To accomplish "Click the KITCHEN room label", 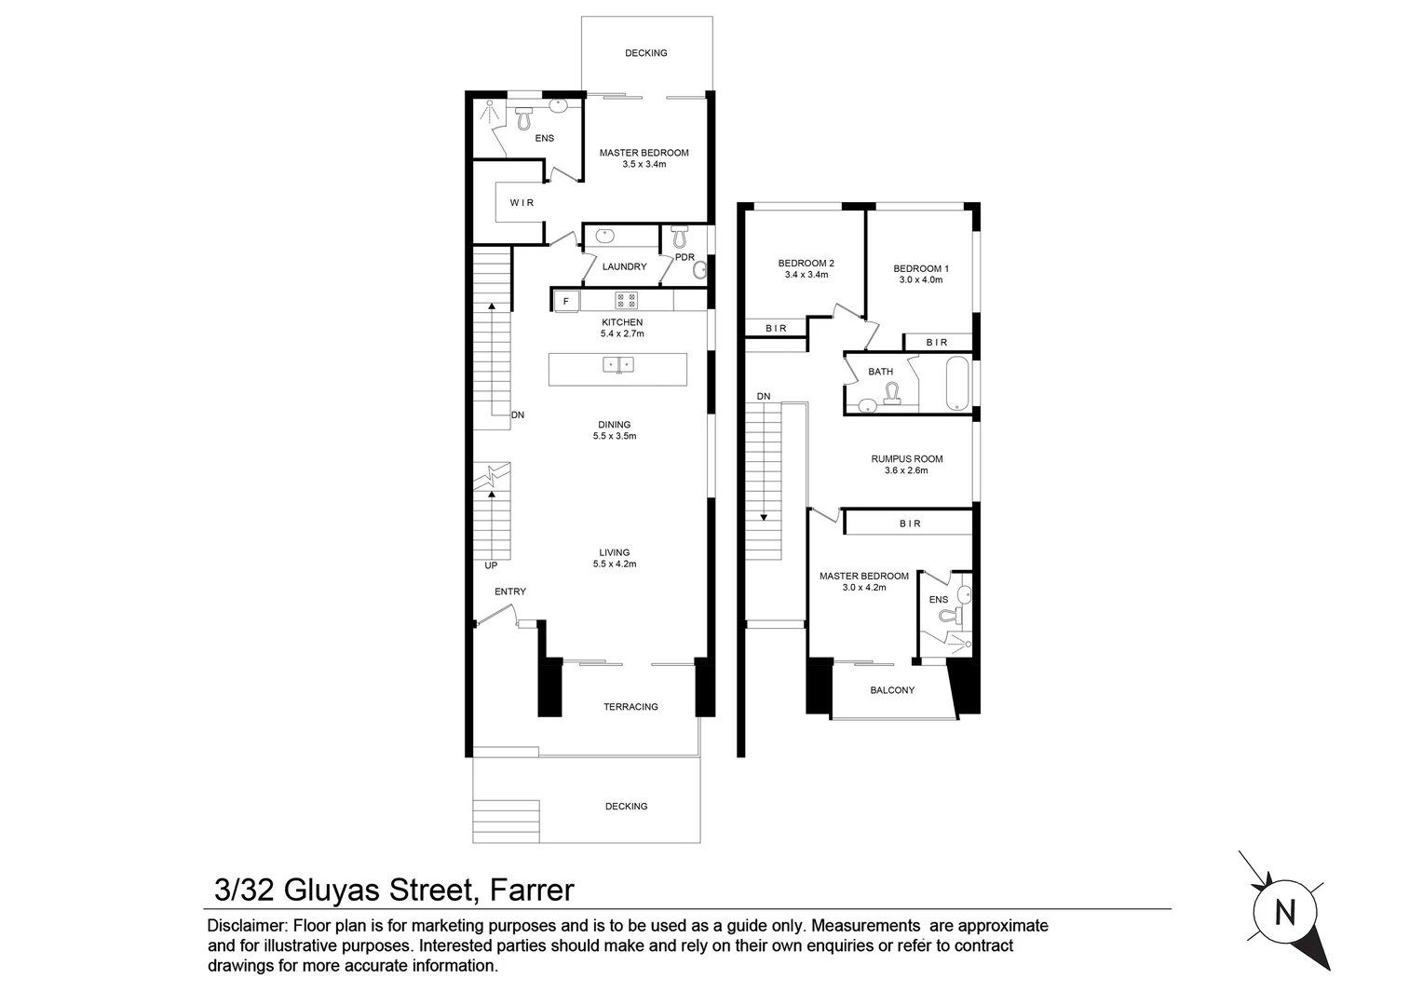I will coord(622,322).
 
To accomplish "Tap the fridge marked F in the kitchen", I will coord(565,302).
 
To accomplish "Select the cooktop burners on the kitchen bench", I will coord(626,301).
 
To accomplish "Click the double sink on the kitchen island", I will coord(618,364).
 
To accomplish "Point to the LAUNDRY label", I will coord(624,266).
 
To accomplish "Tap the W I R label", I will coord(522,203).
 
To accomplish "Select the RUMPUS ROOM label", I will coord(906,458).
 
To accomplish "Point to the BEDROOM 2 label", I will coord(806,263).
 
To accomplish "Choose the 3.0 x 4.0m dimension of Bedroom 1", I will coord(920,279).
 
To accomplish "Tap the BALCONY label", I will coord(892,690).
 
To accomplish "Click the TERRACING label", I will coord(630,706).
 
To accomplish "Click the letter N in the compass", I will coord(1285,913).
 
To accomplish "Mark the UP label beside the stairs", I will coord(491,565).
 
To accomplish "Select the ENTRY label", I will coord(510,591).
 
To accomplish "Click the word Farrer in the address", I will coord(529,890).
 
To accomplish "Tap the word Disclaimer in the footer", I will coord(247,926).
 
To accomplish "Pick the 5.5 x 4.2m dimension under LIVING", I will coord(615,564).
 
